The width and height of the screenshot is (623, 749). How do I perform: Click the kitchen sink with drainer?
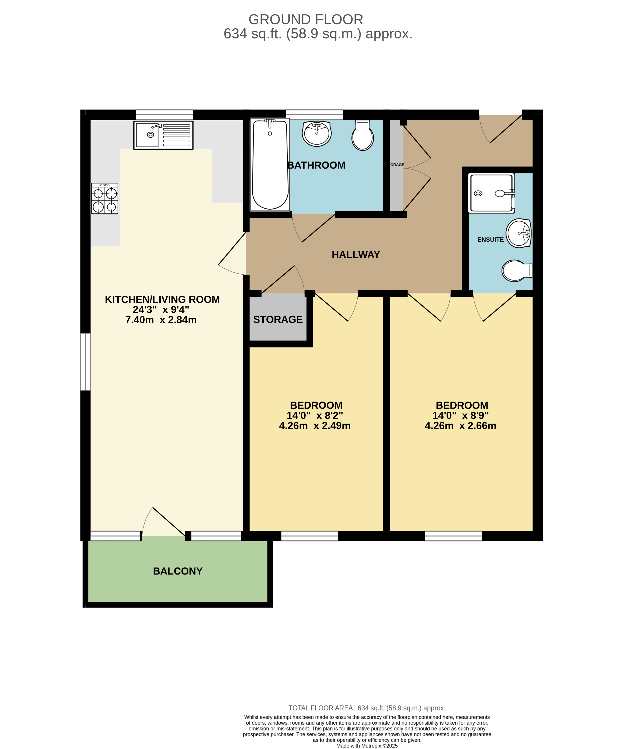point(163,135)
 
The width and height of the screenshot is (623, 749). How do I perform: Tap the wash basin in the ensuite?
point(519,233)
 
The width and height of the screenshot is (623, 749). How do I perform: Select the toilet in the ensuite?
point(516,271)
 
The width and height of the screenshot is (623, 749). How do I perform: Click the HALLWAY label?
point(356,255)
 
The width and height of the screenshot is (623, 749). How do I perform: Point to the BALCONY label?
point(178,571)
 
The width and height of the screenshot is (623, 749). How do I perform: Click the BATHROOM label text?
point(316,165)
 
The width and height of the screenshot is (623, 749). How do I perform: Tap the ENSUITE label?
point(490,240)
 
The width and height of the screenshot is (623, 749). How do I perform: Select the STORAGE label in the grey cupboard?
point(278,319)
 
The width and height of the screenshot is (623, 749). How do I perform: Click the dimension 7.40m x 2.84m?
point(161,319)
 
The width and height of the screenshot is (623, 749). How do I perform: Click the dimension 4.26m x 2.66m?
point(460,426)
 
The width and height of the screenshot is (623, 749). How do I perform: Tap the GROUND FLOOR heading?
point(306,19)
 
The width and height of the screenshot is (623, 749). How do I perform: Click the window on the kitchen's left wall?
point(85,362)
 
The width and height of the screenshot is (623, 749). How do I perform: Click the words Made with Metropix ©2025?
point(367,745)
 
